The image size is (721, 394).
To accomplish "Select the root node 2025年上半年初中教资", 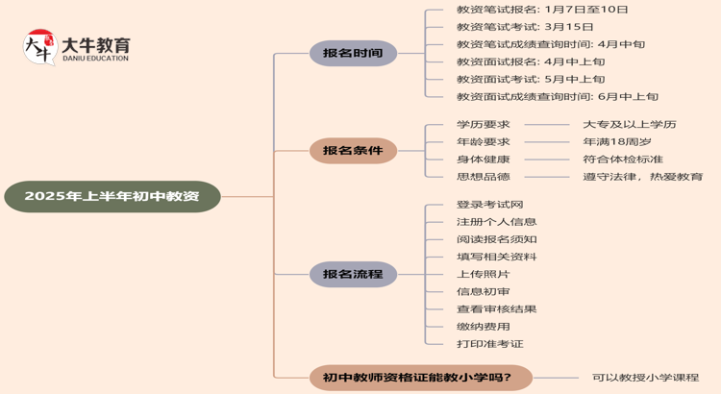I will point(112,196).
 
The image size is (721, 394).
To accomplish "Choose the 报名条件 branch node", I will point(353,150).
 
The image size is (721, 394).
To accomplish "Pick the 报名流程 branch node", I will point(353,275).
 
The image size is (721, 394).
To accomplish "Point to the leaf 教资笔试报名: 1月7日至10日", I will point(542,10).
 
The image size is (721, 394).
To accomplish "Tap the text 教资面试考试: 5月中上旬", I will point(531,79).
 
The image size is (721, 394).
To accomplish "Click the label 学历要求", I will point(483,124).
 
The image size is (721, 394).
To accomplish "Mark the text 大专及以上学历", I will point(630,124).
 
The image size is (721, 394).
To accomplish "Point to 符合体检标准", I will point(623,159).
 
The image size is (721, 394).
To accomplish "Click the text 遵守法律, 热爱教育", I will point(642,176).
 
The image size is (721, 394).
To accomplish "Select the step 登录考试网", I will point(489,205).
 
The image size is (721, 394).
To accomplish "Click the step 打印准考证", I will point(489,343).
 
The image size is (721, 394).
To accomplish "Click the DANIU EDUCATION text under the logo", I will point(94,59).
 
